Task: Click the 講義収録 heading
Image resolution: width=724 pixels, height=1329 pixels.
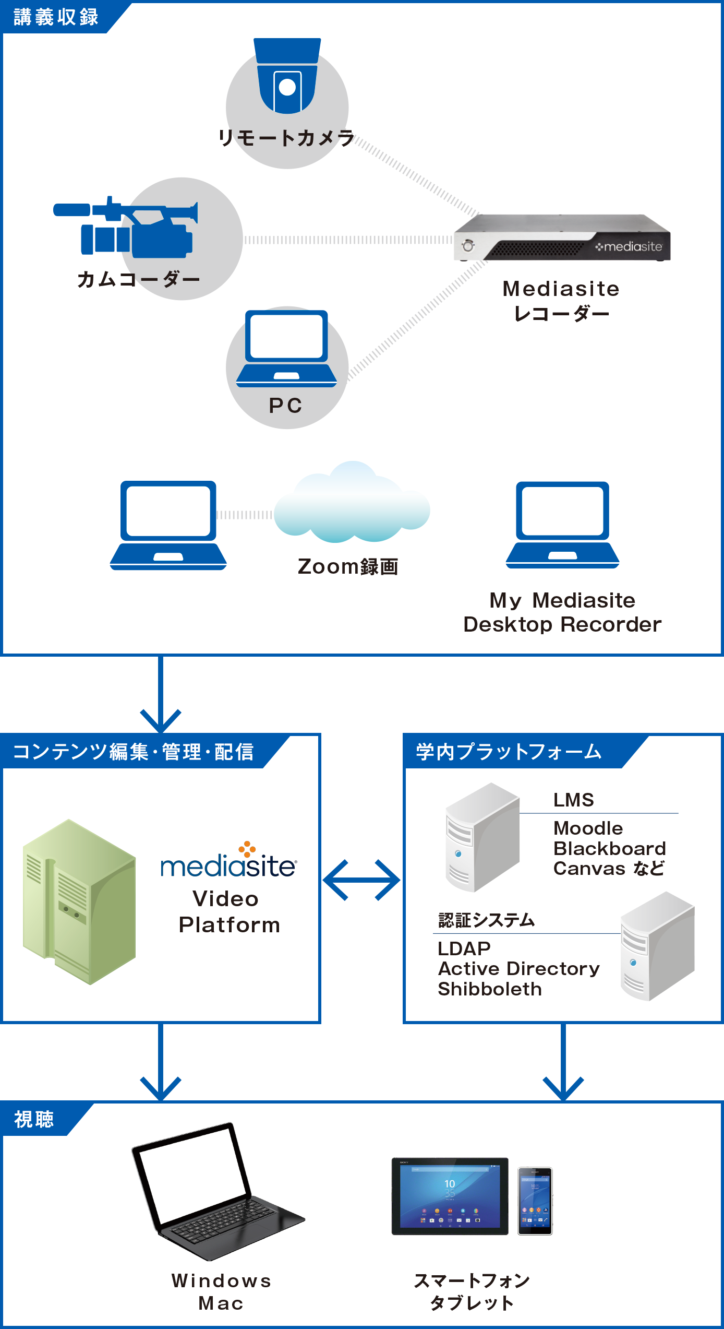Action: point(56,17)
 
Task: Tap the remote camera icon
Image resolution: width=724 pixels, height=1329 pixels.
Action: point(287,84)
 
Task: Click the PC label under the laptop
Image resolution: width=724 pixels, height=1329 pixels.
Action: point(285,406)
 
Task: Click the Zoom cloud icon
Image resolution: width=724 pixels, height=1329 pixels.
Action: point(352,504)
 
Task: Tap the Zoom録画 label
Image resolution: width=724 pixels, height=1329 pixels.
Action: point(348,567)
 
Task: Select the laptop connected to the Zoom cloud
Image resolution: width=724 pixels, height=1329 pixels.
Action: point(168,525)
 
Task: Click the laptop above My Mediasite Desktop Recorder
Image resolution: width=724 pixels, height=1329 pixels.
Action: point(562,525)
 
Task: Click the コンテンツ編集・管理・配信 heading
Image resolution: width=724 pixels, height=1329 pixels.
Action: point(133,752)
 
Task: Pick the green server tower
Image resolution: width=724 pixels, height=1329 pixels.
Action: point(79,901)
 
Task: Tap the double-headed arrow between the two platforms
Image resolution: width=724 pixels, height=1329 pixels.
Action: point(361,880)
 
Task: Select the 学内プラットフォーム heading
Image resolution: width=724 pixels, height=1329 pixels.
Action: point(509,752)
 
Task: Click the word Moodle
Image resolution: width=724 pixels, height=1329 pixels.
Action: point(588,828)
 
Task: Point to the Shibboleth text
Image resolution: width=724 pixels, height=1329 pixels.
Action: point(490,989)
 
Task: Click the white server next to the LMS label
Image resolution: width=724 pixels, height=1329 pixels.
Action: point(482,838)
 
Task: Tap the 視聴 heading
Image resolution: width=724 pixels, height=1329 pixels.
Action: point(34,1120)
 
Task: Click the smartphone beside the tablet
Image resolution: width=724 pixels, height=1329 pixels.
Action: point(535,1201)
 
